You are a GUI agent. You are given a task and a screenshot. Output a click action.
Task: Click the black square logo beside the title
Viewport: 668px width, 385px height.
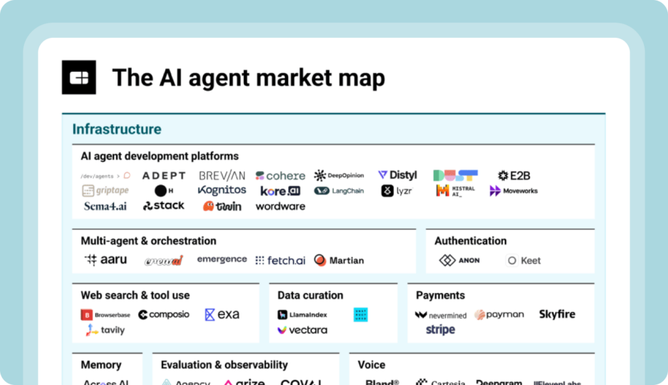[79, 78]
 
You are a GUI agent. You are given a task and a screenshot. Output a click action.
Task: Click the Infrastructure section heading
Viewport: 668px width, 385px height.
[117, 129]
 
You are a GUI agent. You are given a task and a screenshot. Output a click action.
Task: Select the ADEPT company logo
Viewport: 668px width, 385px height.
[164, 176]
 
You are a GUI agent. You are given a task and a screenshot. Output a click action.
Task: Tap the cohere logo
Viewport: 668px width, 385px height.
[281, 176]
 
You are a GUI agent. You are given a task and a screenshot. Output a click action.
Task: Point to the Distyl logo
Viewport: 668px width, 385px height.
[397, 175]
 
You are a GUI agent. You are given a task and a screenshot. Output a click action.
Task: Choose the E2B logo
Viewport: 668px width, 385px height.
[514, 176]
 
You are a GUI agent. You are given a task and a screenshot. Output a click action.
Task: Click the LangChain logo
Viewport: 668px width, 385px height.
[339, 191]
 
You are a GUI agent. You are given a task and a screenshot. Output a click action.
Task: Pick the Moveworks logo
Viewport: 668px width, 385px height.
[514, 191]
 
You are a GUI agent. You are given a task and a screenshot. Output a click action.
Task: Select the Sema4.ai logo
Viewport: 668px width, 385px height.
[105, 206]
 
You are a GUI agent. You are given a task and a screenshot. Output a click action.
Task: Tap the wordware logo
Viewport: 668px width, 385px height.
[281, 206]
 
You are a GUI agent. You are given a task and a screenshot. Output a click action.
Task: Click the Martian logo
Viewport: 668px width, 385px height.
[339, 260]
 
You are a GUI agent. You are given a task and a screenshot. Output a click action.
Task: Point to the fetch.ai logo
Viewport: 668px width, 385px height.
[281, 260]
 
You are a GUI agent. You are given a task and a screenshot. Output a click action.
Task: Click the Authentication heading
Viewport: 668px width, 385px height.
[470, 241]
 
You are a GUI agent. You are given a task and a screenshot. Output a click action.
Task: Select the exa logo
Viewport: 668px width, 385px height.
[222, 315]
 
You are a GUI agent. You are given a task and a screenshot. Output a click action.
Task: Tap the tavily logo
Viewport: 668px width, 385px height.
[105, 330]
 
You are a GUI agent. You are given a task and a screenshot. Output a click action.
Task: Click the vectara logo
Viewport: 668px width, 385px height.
[303, 330]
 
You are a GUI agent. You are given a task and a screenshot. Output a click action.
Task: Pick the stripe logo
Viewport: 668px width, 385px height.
[440, 330]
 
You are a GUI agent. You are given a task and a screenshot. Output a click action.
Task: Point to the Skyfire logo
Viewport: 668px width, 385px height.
[557, 315]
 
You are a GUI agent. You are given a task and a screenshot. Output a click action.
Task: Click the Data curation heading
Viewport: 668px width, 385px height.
[310, 295]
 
